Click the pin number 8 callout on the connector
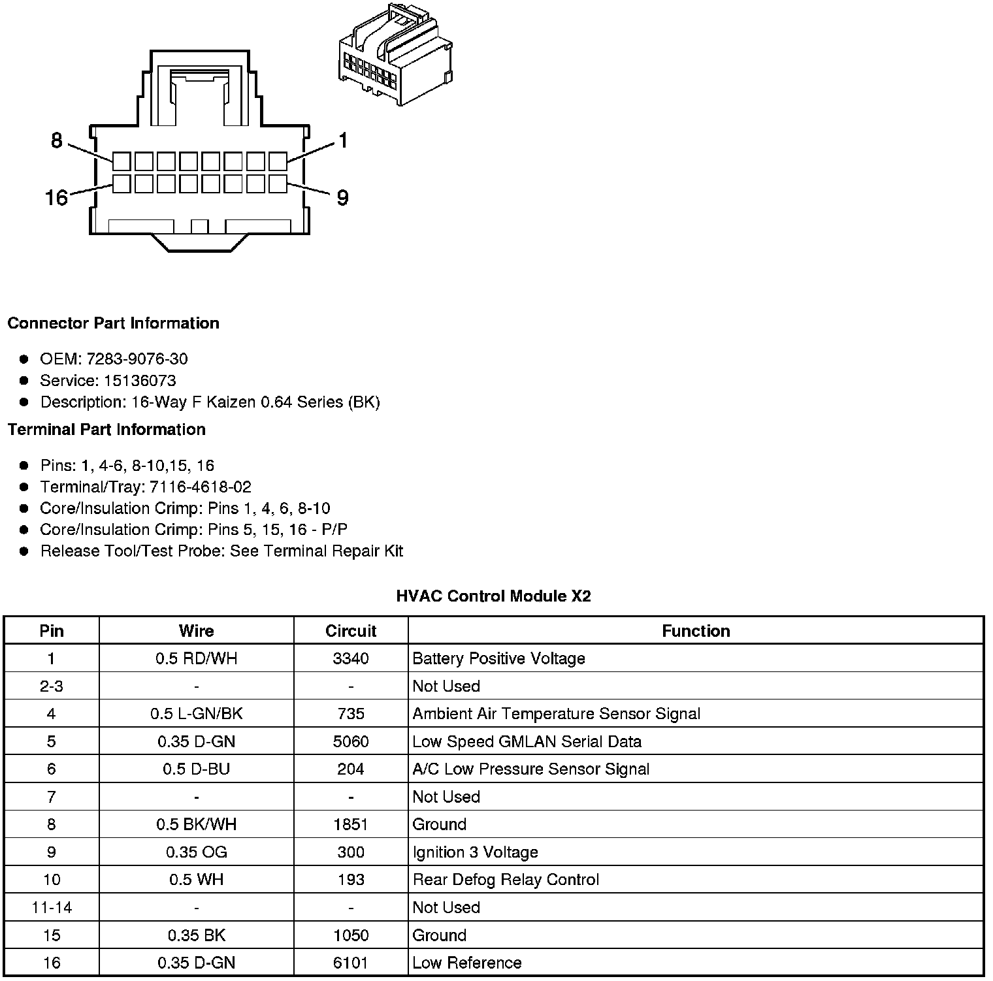coord(57,140)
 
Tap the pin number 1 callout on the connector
coord(342,140)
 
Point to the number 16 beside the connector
coord(56,197)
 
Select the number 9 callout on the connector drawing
coord(342,197)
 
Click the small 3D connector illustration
coord(395,56)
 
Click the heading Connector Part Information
coord(113,323)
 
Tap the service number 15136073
coord(140,380)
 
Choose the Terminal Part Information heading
coord(106,429)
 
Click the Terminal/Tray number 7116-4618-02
coord(200,487)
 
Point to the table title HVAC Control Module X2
coord(493,596)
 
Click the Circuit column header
coord(351,631)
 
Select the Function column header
coord(696,631)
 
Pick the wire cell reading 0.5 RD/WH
coord(196,658)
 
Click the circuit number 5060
coord(351,741)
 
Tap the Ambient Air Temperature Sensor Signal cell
coord(556,714)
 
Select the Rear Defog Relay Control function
coord(506,880)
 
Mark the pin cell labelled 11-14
coord(52,907)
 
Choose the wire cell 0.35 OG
coord(196,852)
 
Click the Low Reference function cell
coord(467,963)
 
